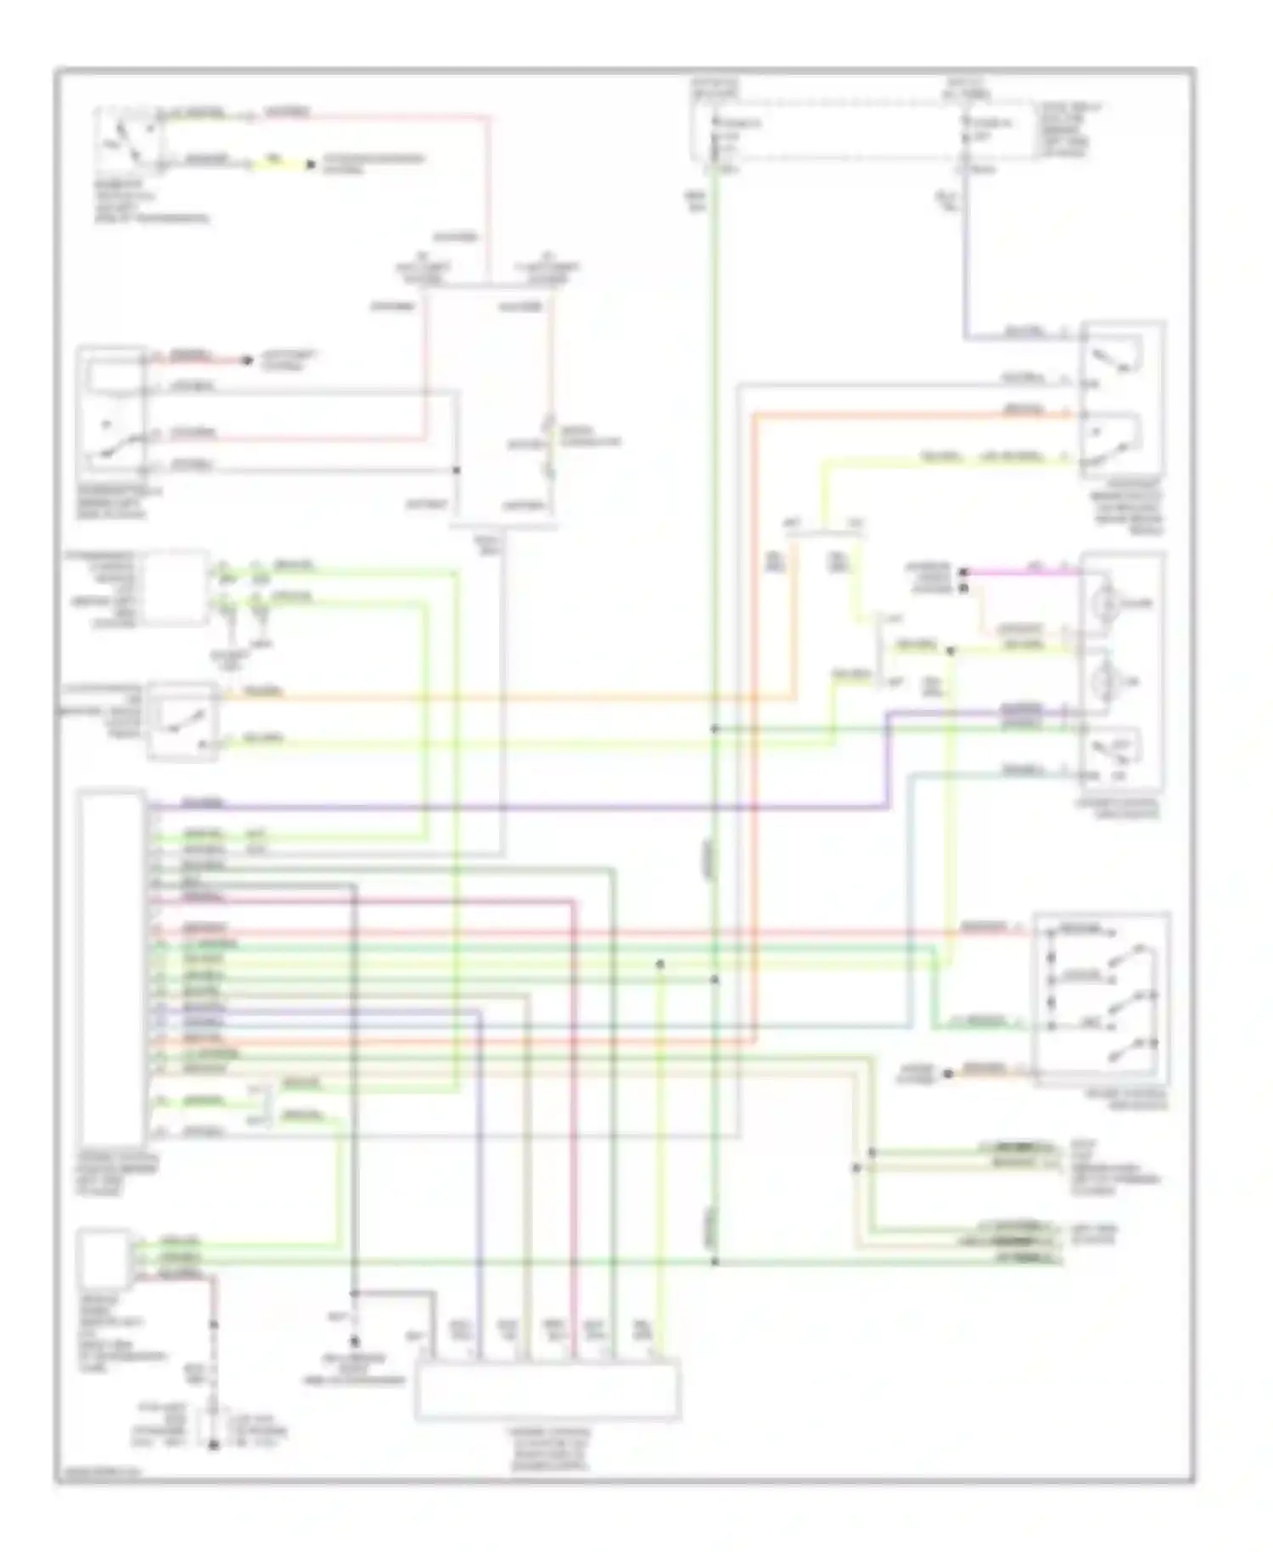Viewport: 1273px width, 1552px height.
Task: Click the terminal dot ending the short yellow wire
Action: coord(311,164)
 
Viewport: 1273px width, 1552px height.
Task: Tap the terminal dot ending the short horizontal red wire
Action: coord(247,361)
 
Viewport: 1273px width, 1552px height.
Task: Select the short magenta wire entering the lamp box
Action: coord(1018,572)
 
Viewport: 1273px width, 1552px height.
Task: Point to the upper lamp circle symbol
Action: coord(1108,603)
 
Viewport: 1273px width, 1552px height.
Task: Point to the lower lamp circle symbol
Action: coord(1108,679)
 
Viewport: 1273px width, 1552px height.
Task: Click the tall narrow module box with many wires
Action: coord(111,968)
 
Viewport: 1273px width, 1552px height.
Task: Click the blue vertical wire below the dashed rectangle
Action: coord(967,255)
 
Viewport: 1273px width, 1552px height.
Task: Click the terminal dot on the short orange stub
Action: coord(949,1074)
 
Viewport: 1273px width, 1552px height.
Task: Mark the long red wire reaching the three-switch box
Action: coord(594,931)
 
